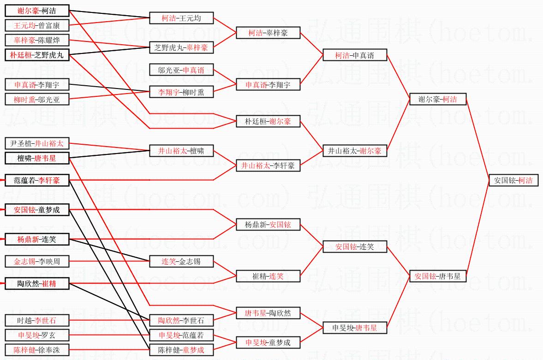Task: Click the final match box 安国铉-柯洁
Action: (513, 180)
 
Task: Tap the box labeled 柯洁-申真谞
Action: (354, 55)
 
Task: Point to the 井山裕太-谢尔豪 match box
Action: (354, 151)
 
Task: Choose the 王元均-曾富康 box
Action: (37, 25)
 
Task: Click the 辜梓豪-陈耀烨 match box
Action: (37, 40)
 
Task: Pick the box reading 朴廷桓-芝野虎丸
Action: (37, 55)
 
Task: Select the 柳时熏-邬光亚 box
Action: (37, 99)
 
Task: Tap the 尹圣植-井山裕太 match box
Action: (37, 143)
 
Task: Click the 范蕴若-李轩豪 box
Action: (37, 180)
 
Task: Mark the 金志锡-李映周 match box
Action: (37, 261)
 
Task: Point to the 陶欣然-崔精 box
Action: (37, 283)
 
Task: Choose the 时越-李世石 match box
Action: (37, 320)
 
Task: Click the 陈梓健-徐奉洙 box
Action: (37, 350)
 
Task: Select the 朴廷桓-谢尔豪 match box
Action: (268, 122)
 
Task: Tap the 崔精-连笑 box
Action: (268, 277)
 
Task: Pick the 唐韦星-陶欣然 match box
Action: (268, 313)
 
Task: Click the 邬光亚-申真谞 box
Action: (181, 70)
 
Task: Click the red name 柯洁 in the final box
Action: (525, 180)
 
